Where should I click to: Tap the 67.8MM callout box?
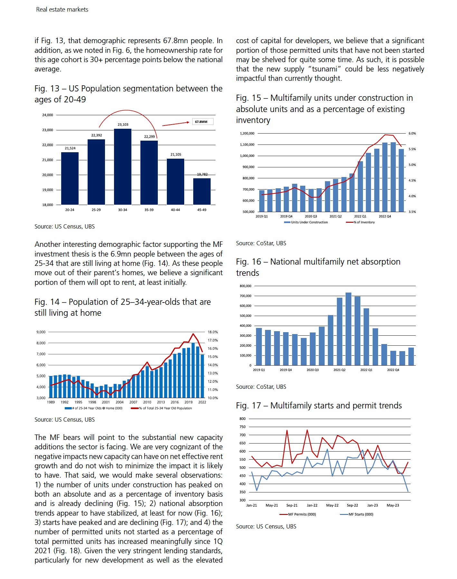203,122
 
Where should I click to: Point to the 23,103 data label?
123,125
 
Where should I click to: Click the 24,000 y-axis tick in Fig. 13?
48,115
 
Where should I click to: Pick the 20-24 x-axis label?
70,210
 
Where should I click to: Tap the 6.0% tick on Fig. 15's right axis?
412,133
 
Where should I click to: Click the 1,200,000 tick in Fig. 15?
247,133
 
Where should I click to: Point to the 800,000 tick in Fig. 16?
245,286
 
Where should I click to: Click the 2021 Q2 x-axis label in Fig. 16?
339,370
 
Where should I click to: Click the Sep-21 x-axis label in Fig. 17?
292,505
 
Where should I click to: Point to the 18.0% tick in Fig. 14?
213,332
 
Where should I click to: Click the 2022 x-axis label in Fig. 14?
202,402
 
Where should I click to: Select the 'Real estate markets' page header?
62,10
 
